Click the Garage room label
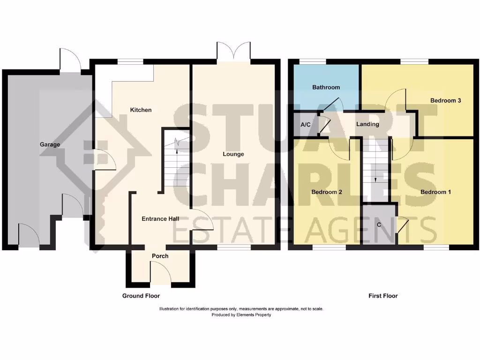click(50, 144)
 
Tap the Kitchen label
click(141, 110)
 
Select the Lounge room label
click(233, 154)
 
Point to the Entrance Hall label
click(161, 218)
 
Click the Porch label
click(160, 256)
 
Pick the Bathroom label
click(326, 87)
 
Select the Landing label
click(367, 124)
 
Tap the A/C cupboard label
click(306, 125)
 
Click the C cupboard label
click(379, 225)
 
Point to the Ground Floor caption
click(141, 296)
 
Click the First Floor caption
click(383, 296)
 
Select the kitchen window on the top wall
click(130, 61)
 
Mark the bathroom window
click(313, 61)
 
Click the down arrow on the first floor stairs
click(375, 179)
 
